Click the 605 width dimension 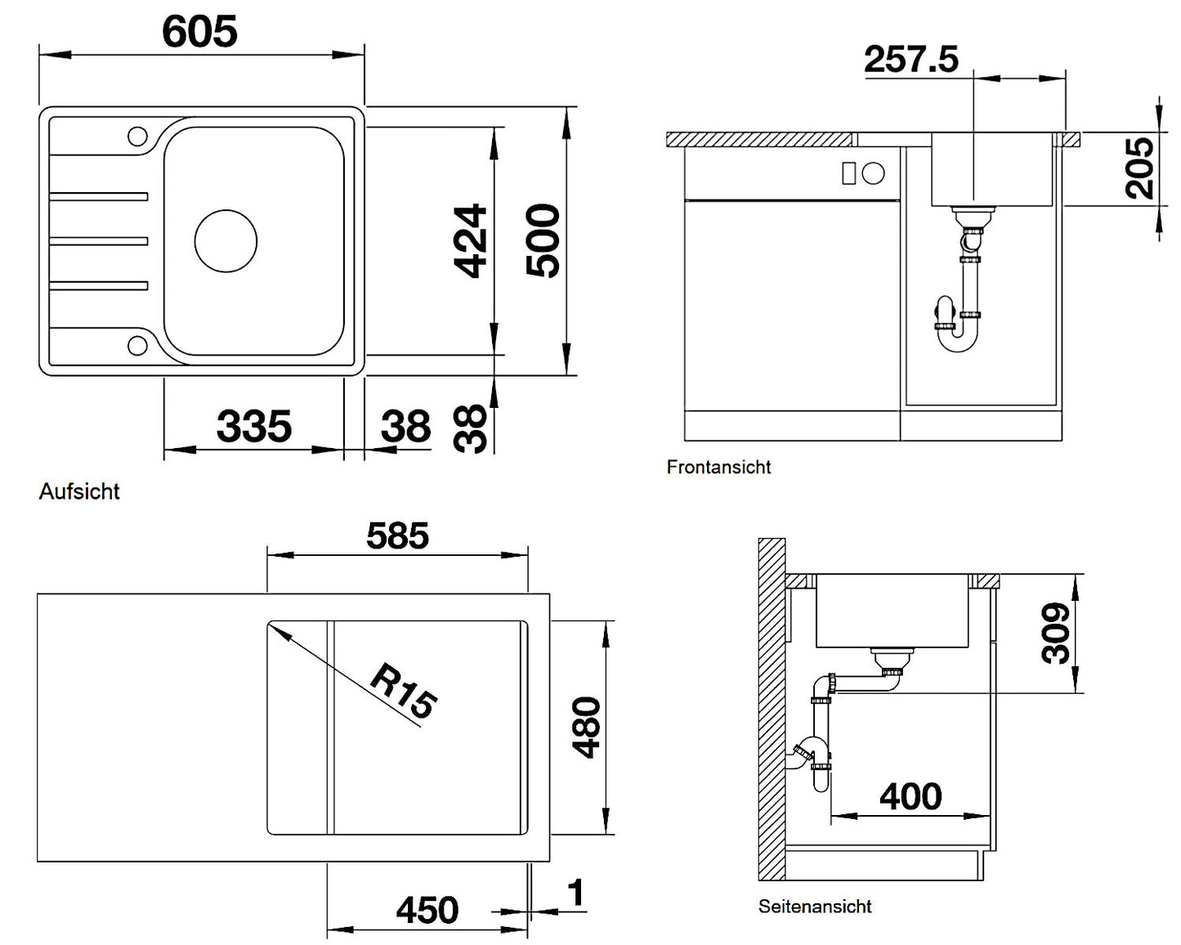199,31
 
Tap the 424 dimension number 470,241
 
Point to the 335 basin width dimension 254,426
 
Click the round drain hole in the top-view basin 226,240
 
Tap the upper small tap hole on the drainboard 137,136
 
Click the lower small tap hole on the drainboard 137,346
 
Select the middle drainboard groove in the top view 99,241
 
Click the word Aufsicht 79,491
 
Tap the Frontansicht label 718,468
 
